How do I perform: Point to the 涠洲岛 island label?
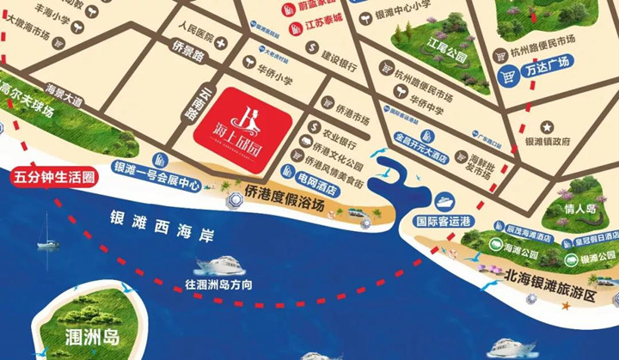pyautogui.click(x=85, y=335)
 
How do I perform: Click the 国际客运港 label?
pyautogui.click(x=443, y=221)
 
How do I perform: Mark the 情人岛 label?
pyautogui.click(x=580, y=208)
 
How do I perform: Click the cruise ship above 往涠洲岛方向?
pyautogui.click(x=218, y=265)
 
